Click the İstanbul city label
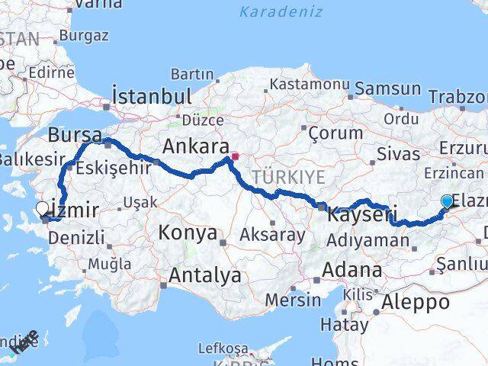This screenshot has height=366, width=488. coord(151,97)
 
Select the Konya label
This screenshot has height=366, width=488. coord(188,233)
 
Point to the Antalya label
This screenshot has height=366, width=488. coord(205,274)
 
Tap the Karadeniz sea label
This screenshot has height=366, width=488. coord(281,11)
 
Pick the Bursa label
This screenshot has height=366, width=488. coord(75,135)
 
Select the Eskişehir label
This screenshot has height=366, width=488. coord(112,167)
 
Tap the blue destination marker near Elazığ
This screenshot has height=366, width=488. coord(446,201)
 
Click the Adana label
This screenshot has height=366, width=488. coord(352,270)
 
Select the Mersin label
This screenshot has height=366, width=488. coord(294,300)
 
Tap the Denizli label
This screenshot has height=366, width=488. coord(76,238)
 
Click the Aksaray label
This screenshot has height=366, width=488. coord(272,234)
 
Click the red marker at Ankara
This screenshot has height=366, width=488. coord(235,157)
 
